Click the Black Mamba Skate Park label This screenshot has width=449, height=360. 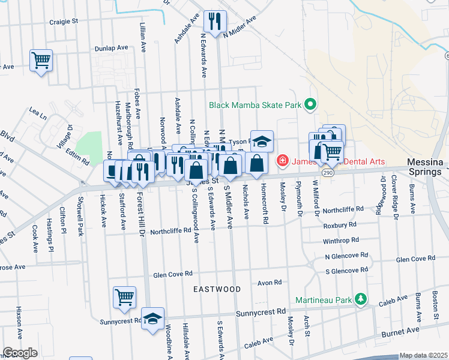(x=255, y=105)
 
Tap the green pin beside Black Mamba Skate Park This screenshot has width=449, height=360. (x=310, y=105)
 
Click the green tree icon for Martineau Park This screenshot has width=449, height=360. (x=360, y=299)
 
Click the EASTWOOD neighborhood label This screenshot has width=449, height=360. (x=217, y=289)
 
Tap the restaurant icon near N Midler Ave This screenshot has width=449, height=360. (x=212, y=22)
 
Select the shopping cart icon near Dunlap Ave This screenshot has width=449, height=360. (x=41, y=60)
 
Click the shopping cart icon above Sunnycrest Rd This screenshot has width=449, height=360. (x=124, y=297)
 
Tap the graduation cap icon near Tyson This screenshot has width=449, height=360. (x=262, y=142)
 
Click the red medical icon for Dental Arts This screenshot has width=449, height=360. (x=282, y=160)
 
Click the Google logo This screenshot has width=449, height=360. (x=20, y=353)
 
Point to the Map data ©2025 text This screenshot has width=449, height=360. (x=423, y=355)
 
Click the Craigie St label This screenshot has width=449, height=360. (x=64, y=21)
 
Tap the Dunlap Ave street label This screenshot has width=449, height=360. (x=111, y=48)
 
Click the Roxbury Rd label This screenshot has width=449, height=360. (x=340, y=224)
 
